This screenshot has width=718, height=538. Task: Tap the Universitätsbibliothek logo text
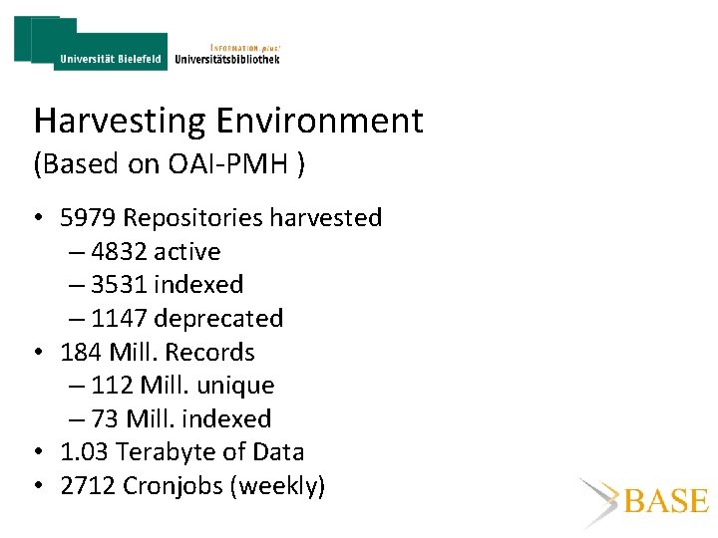click(227, 59)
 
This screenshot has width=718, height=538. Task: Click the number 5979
click(89, 218)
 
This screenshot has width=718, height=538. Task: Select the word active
click(186, 252)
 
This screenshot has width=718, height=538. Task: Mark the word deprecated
click(218, 319)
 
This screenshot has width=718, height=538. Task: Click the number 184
click(80, 353)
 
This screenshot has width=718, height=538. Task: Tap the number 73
click(105, 419)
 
